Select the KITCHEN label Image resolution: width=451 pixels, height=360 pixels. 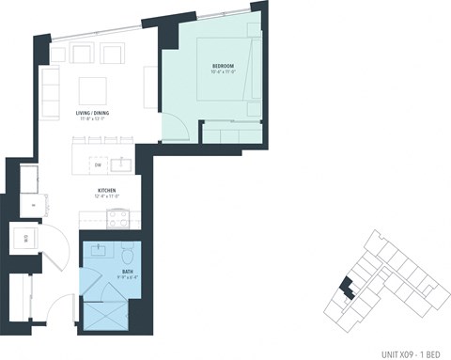[106, 191]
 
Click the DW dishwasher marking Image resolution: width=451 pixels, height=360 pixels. [98, 164]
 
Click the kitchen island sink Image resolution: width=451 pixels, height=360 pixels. [121, 164]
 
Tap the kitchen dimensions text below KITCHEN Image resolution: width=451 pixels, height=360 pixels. [106, 197]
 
